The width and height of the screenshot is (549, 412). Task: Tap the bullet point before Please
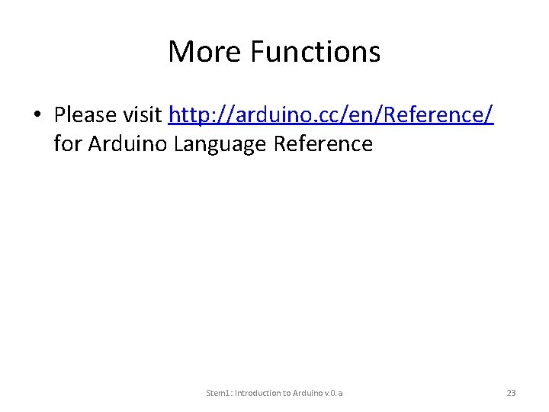pyautogui.click(x=36, y=116)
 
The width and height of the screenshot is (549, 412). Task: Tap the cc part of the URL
pyautogui.click(x=319, y=115)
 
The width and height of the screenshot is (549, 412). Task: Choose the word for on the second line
pyautogui.click(x=68, y=143)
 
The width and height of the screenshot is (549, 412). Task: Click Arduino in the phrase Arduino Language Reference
pyautogui.click(x=128, y=143)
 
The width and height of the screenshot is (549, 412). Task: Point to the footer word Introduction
pyautogui.click(x=259, y=393)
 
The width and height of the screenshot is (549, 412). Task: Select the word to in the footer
pyautogui.click(x=288, y=393)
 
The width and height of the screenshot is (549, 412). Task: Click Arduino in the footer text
pyautogui.click(x=309, y=393)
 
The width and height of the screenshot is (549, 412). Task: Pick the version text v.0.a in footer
pyautogui.click(x=333, y=393)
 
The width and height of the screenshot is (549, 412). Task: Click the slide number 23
pyautogui.click(x=511, y=393)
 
